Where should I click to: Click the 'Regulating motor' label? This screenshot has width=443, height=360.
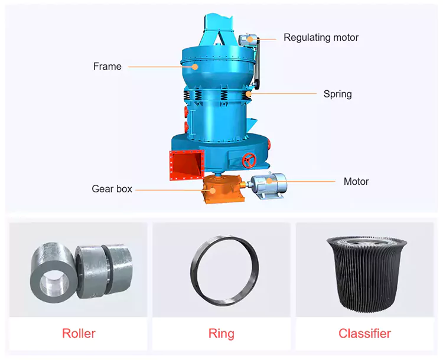tap(321, 38)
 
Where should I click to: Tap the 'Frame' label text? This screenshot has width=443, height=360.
tap(108, 66)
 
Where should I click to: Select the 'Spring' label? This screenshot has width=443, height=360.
tap(338, 94)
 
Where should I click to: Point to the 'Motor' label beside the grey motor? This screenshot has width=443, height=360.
tap(356, 181)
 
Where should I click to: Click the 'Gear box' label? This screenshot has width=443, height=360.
tap(112, 189)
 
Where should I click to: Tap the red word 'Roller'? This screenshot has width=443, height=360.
tap(79, 333)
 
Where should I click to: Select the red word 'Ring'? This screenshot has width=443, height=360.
tap(221, 334)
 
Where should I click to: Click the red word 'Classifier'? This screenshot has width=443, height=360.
tap(365, 333)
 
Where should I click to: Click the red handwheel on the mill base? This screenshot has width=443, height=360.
tap(249, 161)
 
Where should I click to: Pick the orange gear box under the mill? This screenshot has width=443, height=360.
tap(223, 189)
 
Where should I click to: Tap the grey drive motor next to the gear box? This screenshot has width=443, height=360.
tap(268, 186)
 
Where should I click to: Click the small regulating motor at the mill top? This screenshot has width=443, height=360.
tap(247, 40)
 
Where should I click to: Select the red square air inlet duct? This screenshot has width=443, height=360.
tap(187, 165)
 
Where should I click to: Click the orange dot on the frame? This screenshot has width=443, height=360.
tap(195, 67)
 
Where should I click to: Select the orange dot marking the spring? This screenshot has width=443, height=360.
tap(247, 93)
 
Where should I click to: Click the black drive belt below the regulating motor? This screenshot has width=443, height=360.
tap(257, 62)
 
